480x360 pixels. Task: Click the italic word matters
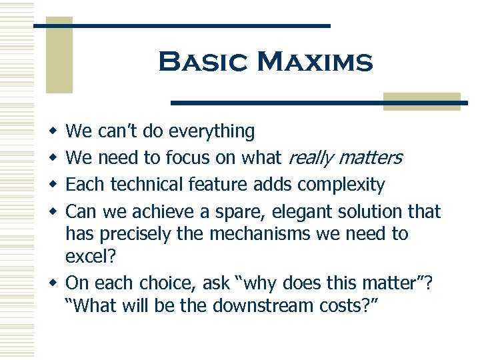click(x=370, y=158)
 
